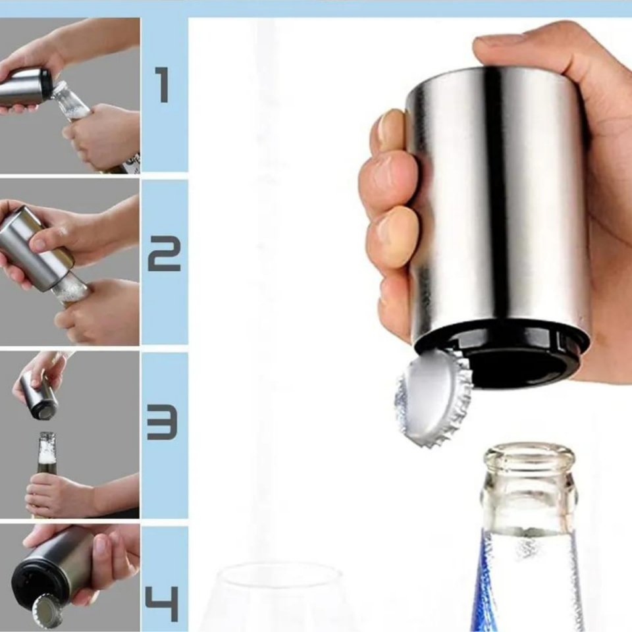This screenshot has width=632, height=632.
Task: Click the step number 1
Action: coord(163,85)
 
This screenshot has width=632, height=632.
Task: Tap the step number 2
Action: coord(164,253)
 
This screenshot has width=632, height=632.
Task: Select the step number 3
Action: coord(162,423)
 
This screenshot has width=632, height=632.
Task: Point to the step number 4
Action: coord(162,604)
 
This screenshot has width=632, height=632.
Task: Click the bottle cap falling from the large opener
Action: coord(433,398)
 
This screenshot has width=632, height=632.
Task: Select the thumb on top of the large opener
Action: coord(528,51)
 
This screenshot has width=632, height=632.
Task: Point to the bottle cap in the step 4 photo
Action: coord(47,612)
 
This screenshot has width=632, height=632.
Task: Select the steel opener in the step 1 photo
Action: coord(25,88)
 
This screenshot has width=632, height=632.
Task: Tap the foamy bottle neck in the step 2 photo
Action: coord(69,291)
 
